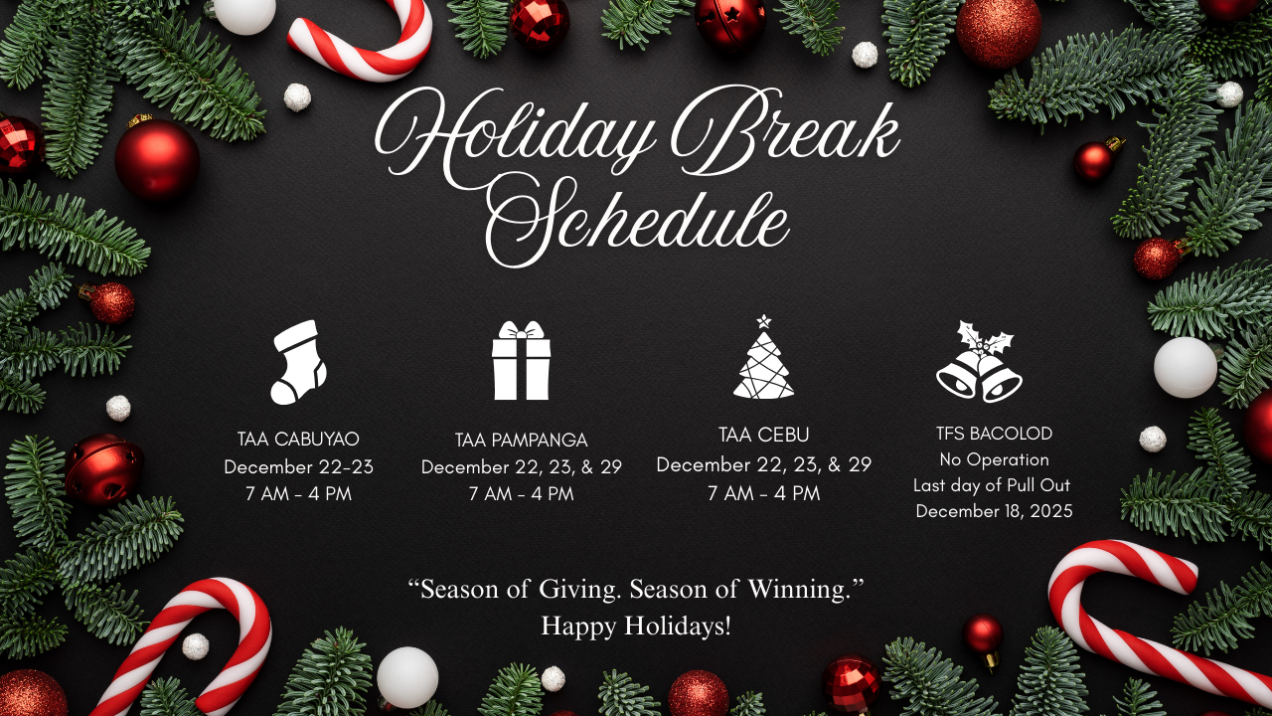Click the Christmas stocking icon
click(x=298, y=363)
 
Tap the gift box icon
click(x=522, y=360)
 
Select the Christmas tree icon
click(x=764, y=357)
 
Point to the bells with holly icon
click(x=979, y=361)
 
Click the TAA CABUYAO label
click(x=298, y=439)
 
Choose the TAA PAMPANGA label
click(x=522, y=440)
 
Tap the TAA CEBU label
click(x=764, y=435)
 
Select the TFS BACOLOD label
click(x=995, y=434)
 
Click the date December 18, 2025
click(x=995, y=511)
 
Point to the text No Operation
click(x=995, y=459)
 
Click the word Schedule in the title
click(x=638, y=224)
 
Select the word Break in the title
click(x=785, y=130)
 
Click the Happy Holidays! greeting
click(x=636, y=626)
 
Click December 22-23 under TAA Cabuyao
click(x=299, y=467)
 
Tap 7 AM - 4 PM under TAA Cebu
click(x=764, y=493)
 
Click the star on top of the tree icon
click(x=764, y=321)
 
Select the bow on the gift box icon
click(x=522, y=330)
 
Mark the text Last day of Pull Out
click(x=992, y=485)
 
